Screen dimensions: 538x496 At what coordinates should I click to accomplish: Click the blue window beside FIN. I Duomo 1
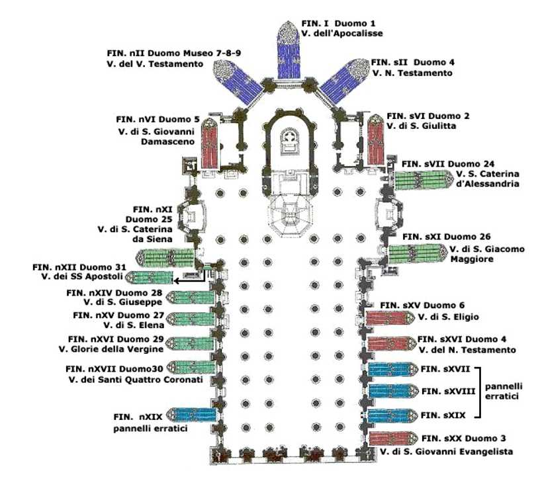point(289,50)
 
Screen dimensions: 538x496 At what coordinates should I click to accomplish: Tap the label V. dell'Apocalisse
point(341,34)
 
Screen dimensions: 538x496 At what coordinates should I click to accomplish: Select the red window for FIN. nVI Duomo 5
point(210,144)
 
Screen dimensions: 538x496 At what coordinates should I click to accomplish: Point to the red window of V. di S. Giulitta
point(376,140)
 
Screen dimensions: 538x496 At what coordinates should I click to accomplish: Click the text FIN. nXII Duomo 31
point(79,267)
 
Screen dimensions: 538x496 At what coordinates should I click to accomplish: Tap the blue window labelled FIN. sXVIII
point(393,391)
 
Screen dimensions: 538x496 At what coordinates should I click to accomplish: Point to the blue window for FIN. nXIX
point(193,415)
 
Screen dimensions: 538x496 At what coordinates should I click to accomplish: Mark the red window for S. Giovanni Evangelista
point(394,438)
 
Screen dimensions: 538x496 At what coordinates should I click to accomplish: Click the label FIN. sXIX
point(443,415)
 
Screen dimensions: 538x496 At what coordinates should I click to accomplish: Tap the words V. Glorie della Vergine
point(111,350)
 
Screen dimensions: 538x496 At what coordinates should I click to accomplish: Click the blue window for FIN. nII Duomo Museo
point(238,81)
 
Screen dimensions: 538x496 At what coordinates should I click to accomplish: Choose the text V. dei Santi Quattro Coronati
point(136,380)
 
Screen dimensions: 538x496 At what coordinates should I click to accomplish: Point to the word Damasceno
point(168,142)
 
